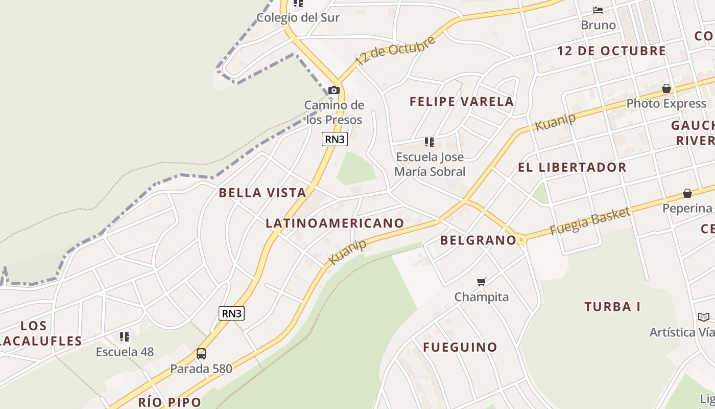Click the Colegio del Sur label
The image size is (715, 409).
tap(298, 17)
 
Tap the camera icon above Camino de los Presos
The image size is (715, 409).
tap(334, 90)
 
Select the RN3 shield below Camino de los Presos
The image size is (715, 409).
tap(335, 139)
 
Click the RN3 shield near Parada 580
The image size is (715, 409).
tap(231, 313)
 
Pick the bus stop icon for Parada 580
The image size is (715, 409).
tap(201, 354)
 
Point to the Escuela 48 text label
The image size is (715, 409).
tap(125, 352)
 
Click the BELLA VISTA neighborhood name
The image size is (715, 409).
tap(263, 193)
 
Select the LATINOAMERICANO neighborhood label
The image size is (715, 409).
tap(335, 223)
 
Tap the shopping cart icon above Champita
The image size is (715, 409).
tap(481, 282)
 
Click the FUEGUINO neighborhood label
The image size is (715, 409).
tap(460, 347)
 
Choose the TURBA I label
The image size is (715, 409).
tap(612, 307)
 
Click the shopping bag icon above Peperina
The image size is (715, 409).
tap(687, 193)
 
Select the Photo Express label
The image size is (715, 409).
tap(666, 103)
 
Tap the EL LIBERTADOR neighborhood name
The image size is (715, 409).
tap(572, 167)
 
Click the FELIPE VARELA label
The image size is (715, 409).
tap(462, 101)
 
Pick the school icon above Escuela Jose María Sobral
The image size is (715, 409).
tap(430, 142)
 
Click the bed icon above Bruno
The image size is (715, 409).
tap(598, 10)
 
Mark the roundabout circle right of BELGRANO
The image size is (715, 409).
tap(521, 240)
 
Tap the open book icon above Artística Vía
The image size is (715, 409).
tap(704, 317)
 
